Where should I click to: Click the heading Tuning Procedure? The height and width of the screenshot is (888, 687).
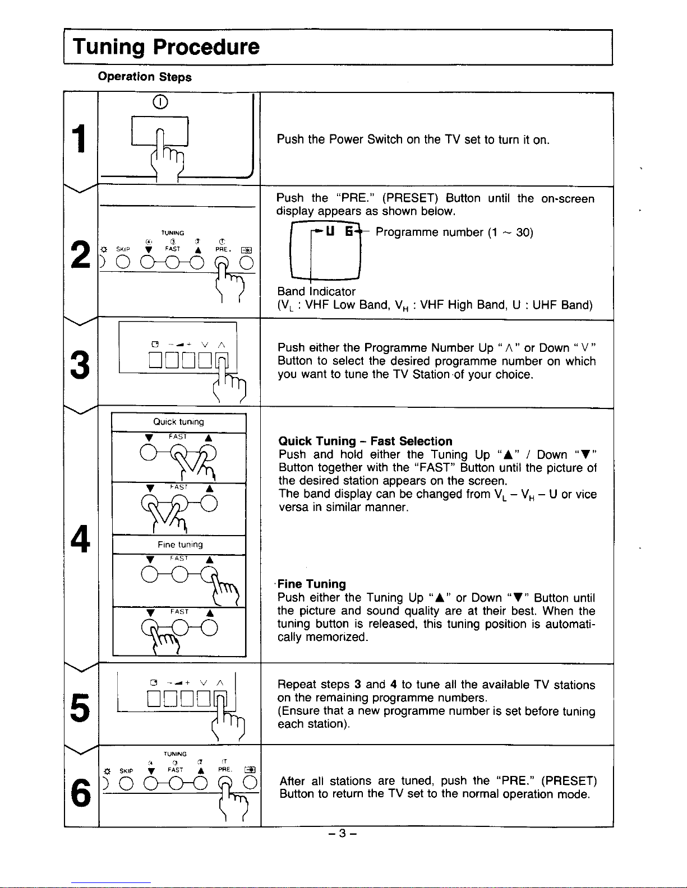[166, 47]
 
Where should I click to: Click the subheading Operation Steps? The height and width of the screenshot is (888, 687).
[145, 77]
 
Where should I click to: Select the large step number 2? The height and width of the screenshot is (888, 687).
[80, 254]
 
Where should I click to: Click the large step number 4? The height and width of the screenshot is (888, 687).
[80, 539]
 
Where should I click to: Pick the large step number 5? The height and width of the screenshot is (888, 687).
[80, 708]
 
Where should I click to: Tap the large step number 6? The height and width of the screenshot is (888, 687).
[81, 793]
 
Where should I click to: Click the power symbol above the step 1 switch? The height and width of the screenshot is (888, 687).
[160, 102]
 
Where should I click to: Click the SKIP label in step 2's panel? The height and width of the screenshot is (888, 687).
[123, 249]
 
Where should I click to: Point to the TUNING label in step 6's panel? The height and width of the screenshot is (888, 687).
[175, 754]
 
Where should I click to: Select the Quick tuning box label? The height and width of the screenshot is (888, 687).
[178, 422]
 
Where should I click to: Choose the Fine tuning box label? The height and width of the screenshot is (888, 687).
[180, 545]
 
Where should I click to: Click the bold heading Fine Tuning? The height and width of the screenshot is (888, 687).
[312, 584]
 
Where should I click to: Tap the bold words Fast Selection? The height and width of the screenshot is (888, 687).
[411, 441]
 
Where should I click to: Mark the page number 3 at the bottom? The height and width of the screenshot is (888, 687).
[342, 833]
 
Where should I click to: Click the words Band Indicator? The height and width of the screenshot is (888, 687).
[316, 291]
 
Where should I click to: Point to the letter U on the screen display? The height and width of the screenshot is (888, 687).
[330, 232]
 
